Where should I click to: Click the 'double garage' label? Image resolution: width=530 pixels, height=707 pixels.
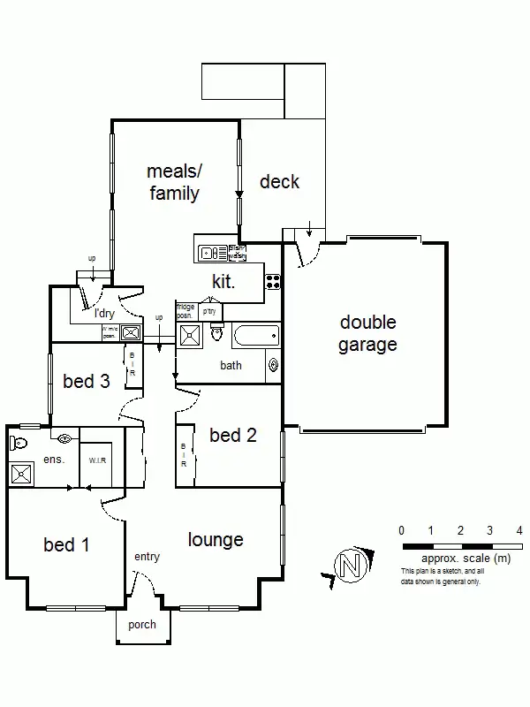click(x=367, y=334)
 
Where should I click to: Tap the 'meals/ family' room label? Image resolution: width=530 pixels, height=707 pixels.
click(x=173, y=182)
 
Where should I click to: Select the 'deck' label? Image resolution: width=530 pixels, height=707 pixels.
click(x=279, y=182)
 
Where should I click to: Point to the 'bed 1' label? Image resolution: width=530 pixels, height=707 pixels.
click(x=66, y=544)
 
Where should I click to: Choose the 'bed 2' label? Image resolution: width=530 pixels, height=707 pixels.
click(x=233, y=435)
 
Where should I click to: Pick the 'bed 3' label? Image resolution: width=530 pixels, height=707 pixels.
click(x=87, y=382)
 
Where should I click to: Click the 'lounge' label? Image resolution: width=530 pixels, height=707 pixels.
click(x=216, y=539)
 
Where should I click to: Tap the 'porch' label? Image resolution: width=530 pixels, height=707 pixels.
click(x=142, y=625)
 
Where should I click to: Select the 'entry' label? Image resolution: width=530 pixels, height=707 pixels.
click(x=147, y=557)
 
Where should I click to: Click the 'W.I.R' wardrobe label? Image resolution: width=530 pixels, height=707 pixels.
click(x=97, y=460)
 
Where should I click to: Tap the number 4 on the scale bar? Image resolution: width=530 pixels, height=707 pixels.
click(x=519, y=530)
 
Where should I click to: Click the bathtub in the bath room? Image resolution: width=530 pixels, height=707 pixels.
click(x=255, y=336)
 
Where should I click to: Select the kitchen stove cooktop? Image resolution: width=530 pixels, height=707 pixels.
click(x=274, y=283)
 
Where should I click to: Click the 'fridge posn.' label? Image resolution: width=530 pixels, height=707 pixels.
click(x=185, y=311)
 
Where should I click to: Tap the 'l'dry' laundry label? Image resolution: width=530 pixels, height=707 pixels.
click(x=106, y=313)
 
